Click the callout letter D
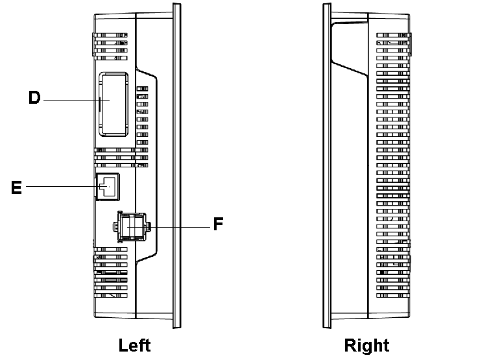point(34,99)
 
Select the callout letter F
point(219,225)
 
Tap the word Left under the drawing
point(134,344)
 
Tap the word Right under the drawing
point(366,344)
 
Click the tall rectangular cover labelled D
point(113,104)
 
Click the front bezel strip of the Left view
point(175,169)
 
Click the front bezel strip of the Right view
point(327,169)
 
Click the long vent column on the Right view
point(392,169)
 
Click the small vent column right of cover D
point(143,117)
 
